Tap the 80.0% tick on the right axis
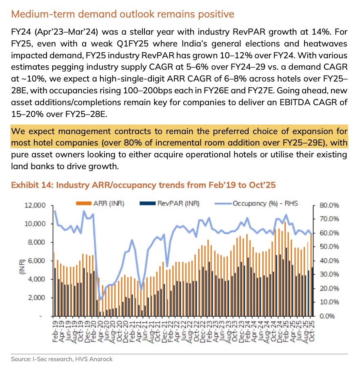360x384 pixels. [x=326, y=205]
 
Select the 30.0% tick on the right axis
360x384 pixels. [x=326, y=274]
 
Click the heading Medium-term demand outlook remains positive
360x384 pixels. [x=122, y=14]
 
